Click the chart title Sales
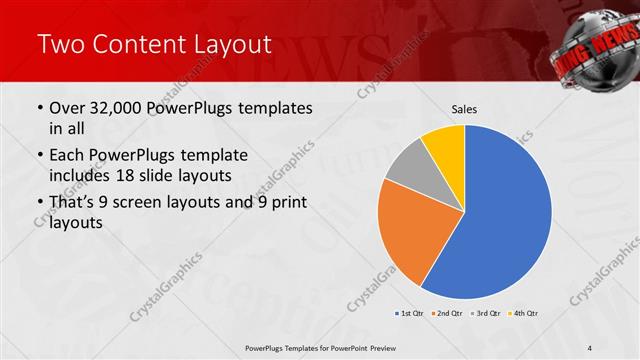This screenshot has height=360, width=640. tap(463, 108)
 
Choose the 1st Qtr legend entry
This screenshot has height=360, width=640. tap(410, 314)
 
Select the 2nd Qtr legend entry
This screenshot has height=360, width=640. tap(446, 314)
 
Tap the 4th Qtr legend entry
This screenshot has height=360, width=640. tap(525, 314)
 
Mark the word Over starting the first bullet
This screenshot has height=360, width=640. tap(66, 108)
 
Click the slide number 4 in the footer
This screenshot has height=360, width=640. tap(590, 348)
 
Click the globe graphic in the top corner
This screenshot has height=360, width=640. tap(598, 42)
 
